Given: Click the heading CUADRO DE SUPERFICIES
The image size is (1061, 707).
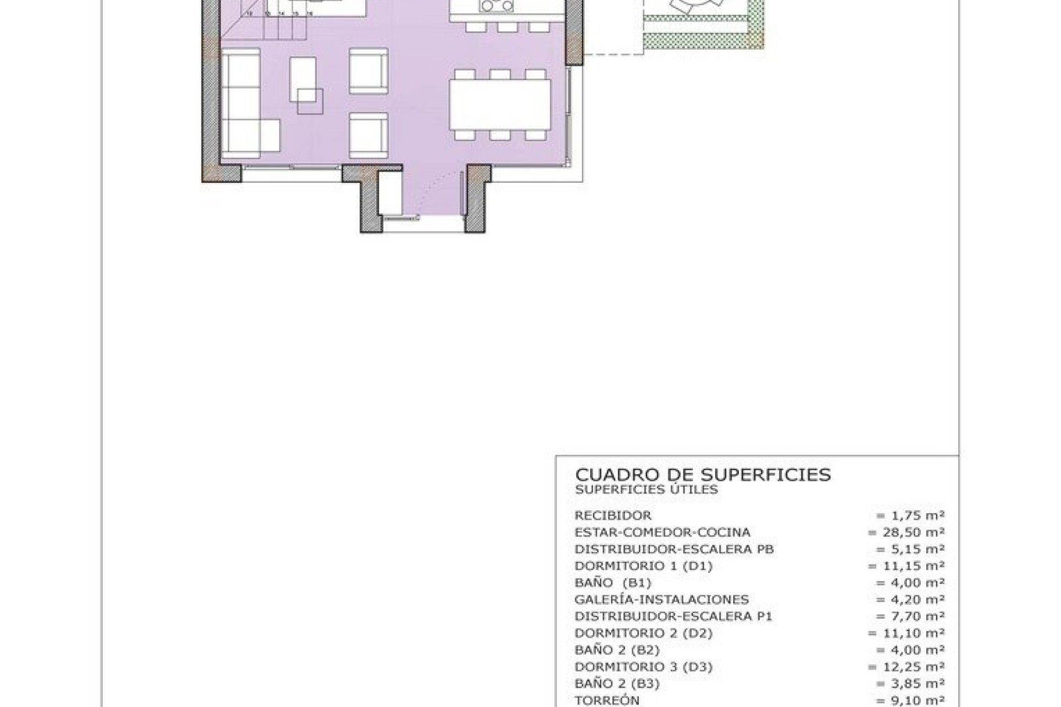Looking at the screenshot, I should (702, 475).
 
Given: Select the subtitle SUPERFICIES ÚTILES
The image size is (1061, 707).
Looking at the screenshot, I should (646, 489).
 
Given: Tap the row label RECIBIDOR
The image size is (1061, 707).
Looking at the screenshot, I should (613, 515).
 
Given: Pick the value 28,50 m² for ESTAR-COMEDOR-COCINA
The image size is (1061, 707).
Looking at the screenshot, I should (906, 532).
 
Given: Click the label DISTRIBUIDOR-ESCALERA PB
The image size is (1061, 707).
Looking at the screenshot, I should (674, 549).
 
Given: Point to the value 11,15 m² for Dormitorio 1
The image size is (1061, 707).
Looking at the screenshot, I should (906, 566).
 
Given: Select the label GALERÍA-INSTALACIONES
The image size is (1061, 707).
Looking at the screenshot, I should (661, 599).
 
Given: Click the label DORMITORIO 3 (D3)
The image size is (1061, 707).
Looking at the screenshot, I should (643, 667).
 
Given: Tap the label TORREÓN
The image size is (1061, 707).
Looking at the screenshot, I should (607, 700).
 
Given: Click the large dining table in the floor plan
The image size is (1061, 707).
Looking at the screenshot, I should (500, 104).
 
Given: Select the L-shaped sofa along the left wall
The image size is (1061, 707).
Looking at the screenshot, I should (241, 105).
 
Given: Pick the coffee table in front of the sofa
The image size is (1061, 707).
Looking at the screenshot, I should (303, 83).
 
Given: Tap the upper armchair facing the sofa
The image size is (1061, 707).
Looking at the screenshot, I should (368, 71).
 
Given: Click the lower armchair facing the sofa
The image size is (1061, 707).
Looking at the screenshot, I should (368, 135).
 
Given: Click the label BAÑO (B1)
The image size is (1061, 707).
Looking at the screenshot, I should (612, 583).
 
